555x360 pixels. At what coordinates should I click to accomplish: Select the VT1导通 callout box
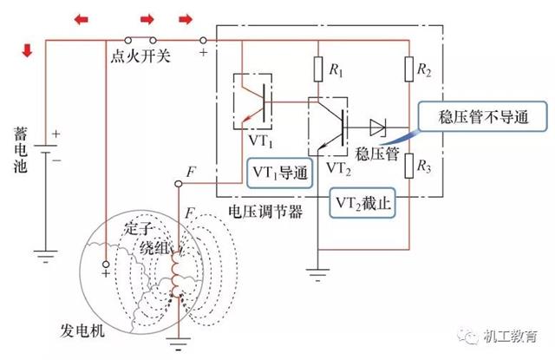(x=279, y=171)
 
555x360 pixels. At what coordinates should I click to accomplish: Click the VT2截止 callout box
(x=365, y=201)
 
